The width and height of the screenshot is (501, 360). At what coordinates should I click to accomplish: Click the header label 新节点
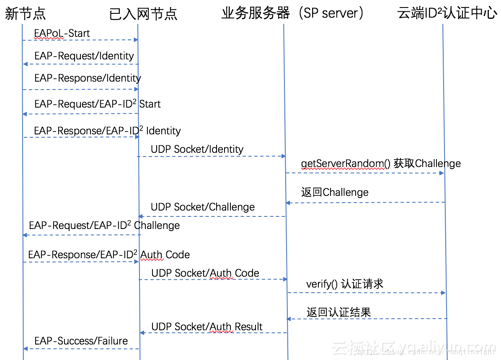click(x=25, y=14)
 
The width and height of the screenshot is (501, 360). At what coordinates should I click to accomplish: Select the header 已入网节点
click(x=143, y=14)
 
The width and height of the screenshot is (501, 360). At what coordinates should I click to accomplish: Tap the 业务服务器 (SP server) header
click(x=293, y=13)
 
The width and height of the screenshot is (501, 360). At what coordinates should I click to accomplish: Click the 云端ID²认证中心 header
click(x=447, y=13)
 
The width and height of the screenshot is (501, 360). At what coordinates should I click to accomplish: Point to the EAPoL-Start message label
click(x=62, y=33)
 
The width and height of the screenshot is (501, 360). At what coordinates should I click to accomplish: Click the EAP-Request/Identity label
click(x=84, y=56)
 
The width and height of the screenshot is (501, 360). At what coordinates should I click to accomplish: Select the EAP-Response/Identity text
click(x=88, y=78)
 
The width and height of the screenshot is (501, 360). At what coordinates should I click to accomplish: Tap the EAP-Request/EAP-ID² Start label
click(x=97, y=104)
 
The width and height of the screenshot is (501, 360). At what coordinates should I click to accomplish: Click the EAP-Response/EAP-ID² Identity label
click(x=107, y=131)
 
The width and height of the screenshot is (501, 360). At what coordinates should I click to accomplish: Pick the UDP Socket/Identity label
click(x=197, y=149)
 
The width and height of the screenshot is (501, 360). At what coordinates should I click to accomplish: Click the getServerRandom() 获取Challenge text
click(x=380, y=163)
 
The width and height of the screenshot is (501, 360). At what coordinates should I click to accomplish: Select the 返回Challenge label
click(x=335, y=192)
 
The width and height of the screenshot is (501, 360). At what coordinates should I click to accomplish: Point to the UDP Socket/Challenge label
click(x=203, y=207)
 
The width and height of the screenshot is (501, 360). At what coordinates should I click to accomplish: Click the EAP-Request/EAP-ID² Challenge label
click(x=104, y=226)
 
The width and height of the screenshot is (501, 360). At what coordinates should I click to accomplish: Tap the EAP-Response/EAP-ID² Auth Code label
click(x=109, y=255)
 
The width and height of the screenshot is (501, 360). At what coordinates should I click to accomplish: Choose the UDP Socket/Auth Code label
click(x=205, y=273)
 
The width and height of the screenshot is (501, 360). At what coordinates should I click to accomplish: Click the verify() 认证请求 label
click(x=345, y=284)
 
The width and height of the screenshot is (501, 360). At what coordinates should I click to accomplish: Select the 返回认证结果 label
click(x=338, y=312)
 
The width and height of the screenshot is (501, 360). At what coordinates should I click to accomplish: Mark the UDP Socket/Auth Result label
click(x=207, y=327)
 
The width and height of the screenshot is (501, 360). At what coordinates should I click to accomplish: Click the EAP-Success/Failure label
click(x=81, y=341)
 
